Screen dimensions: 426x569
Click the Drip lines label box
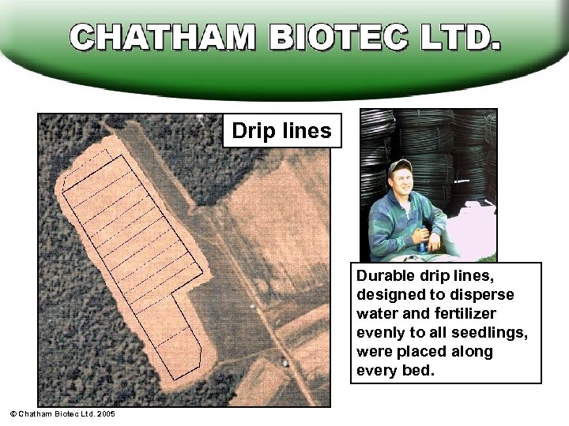point(282,131)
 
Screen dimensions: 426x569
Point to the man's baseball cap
point(401,166)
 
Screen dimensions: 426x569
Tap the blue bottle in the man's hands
point(423,240)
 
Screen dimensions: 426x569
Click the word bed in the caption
point(420,371)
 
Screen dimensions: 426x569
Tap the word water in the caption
point(378,314)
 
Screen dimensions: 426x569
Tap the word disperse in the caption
point(486,295)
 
